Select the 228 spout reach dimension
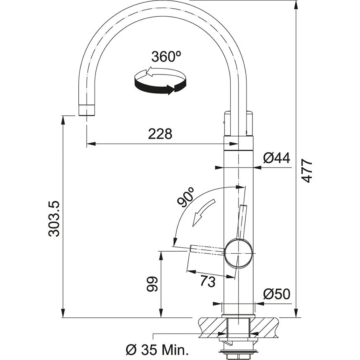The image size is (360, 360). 160,134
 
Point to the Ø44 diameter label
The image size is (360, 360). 277,158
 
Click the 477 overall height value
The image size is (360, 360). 308,170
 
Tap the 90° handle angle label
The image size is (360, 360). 186,197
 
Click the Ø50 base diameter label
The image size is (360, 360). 277,294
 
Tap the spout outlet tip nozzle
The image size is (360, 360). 87,110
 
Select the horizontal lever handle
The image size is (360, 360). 207,249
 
